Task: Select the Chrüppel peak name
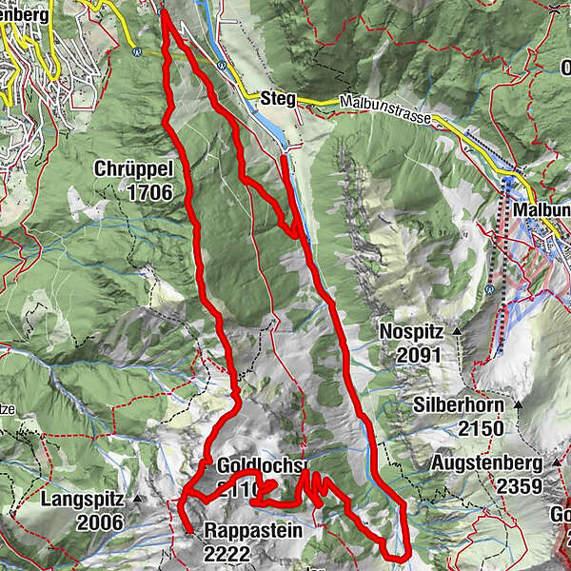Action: click(x=132, y=169)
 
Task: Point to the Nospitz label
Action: click(x=411, y=331)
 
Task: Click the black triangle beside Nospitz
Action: click(x=458, y=329)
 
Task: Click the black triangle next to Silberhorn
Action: click(x=520, y=404)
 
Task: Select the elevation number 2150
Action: click(x=481, y=428)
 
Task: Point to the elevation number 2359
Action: click(x=515, y=487)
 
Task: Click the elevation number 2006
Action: click(x=100, y=522)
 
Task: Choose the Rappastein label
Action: click(x=253, y=531)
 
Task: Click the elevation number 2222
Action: click(x=226, y=554)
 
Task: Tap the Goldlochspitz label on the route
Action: click(x=259, y=467)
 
